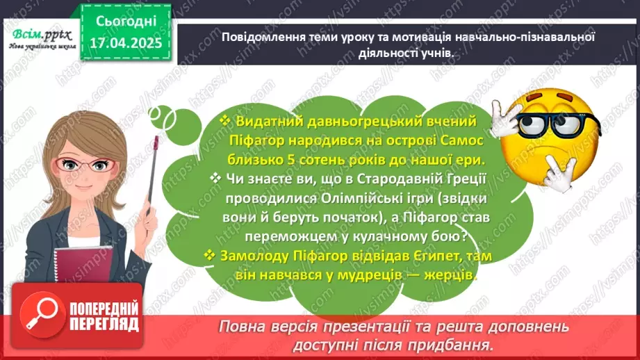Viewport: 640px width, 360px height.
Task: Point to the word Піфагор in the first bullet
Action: [x=256, y=140]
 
